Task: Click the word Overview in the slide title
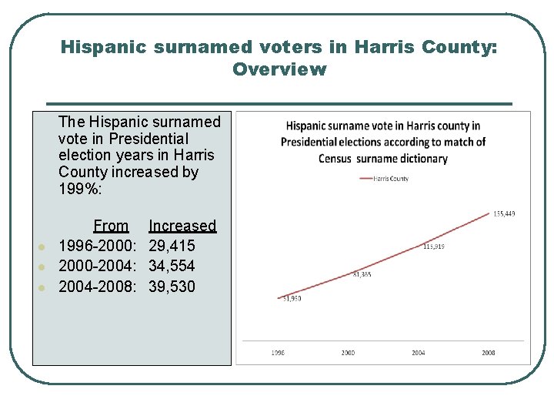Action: (x=279, y=69)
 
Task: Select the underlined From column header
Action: (x=111, y=226)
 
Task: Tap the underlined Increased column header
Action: (x=182, y=226)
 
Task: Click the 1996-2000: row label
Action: (x=98, y=246)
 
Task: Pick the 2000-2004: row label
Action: (x=98, y=266)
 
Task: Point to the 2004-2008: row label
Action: (x=98, y=287)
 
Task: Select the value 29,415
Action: (x=172, y=246)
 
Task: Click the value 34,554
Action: (x=172, y=266)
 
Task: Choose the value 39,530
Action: (x=172, y=287)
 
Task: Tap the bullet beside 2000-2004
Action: (x=43, y=267)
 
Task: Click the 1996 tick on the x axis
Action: (x=278, y=353)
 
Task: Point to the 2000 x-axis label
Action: (x=348, y=353)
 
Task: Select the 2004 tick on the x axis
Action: (x=418, y=353)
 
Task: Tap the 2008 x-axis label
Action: (x=488, y=353)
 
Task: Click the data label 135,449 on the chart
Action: (x=504, y=213)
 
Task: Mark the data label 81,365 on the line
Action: (x=362, y=274)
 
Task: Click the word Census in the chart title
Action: (x=336, y=159)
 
